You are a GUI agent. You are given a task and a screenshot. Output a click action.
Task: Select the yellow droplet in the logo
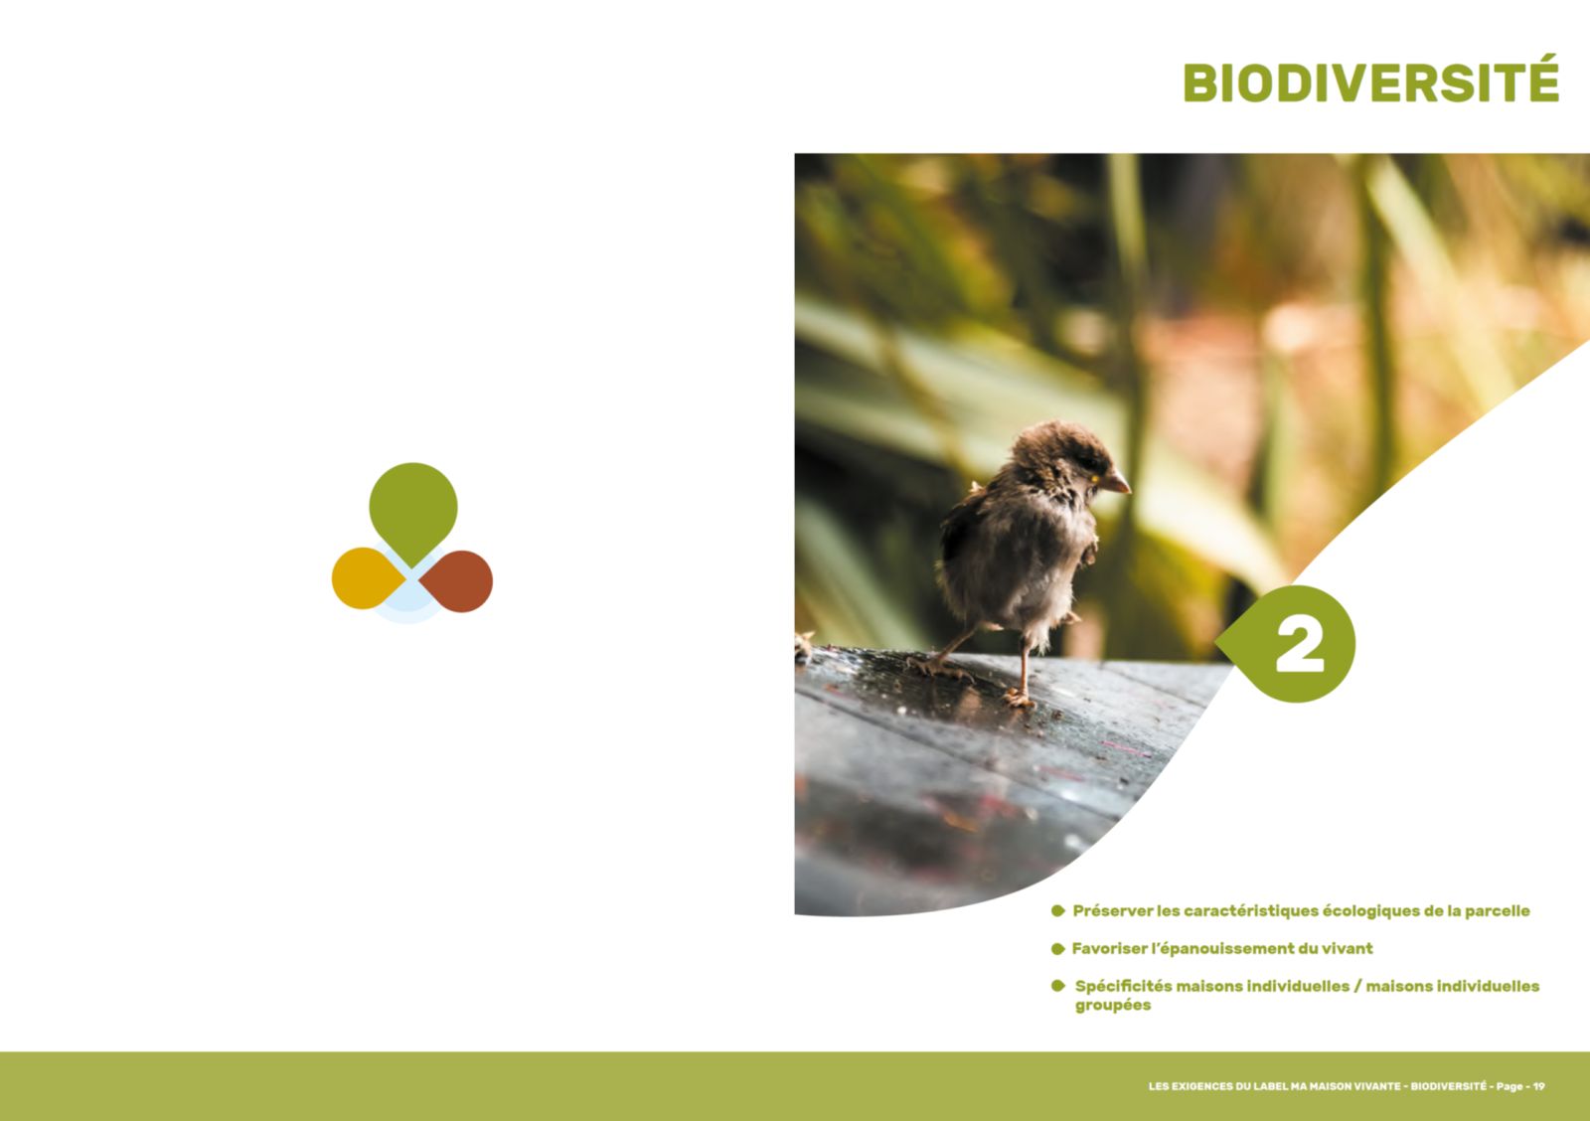pyautogui.click(x=367, y=578)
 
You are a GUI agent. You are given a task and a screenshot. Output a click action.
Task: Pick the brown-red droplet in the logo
pyautogui.click(x=458, y=580)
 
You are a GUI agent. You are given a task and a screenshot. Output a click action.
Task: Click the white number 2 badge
pyautogui.click(x=1300, y=645)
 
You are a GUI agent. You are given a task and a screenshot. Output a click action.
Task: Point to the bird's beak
pyautogui.click(x=1118, y=483)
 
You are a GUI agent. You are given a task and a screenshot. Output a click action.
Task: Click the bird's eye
pyautogui.click(x=1095, y=478)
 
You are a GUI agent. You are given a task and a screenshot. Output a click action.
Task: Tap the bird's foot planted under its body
pyautogui.click(x=1020, y=700)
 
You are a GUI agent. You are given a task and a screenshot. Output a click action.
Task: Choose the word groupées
pyautogui.click(x=1112, y=1006)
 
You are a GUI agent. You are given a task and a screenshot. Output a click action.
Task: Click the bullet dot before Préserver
pyautogui.click(x=1057, y=911)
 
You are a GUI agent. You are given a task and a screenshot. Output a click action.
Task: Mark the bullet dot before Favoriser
pyautogui.click(x=1057, y=948)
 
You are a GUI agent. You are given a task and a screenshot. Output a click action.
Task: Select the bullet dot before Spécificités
pyautogui.click(x=1057, y=986)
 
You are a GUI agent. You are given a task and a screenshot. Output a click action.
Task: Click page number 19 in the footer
pyautogui.click(x=1539, y=1086)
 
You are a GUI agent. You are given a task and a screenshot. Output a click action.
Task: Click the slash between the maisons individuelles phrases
pyautogui.click(x=1357, y=986)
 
